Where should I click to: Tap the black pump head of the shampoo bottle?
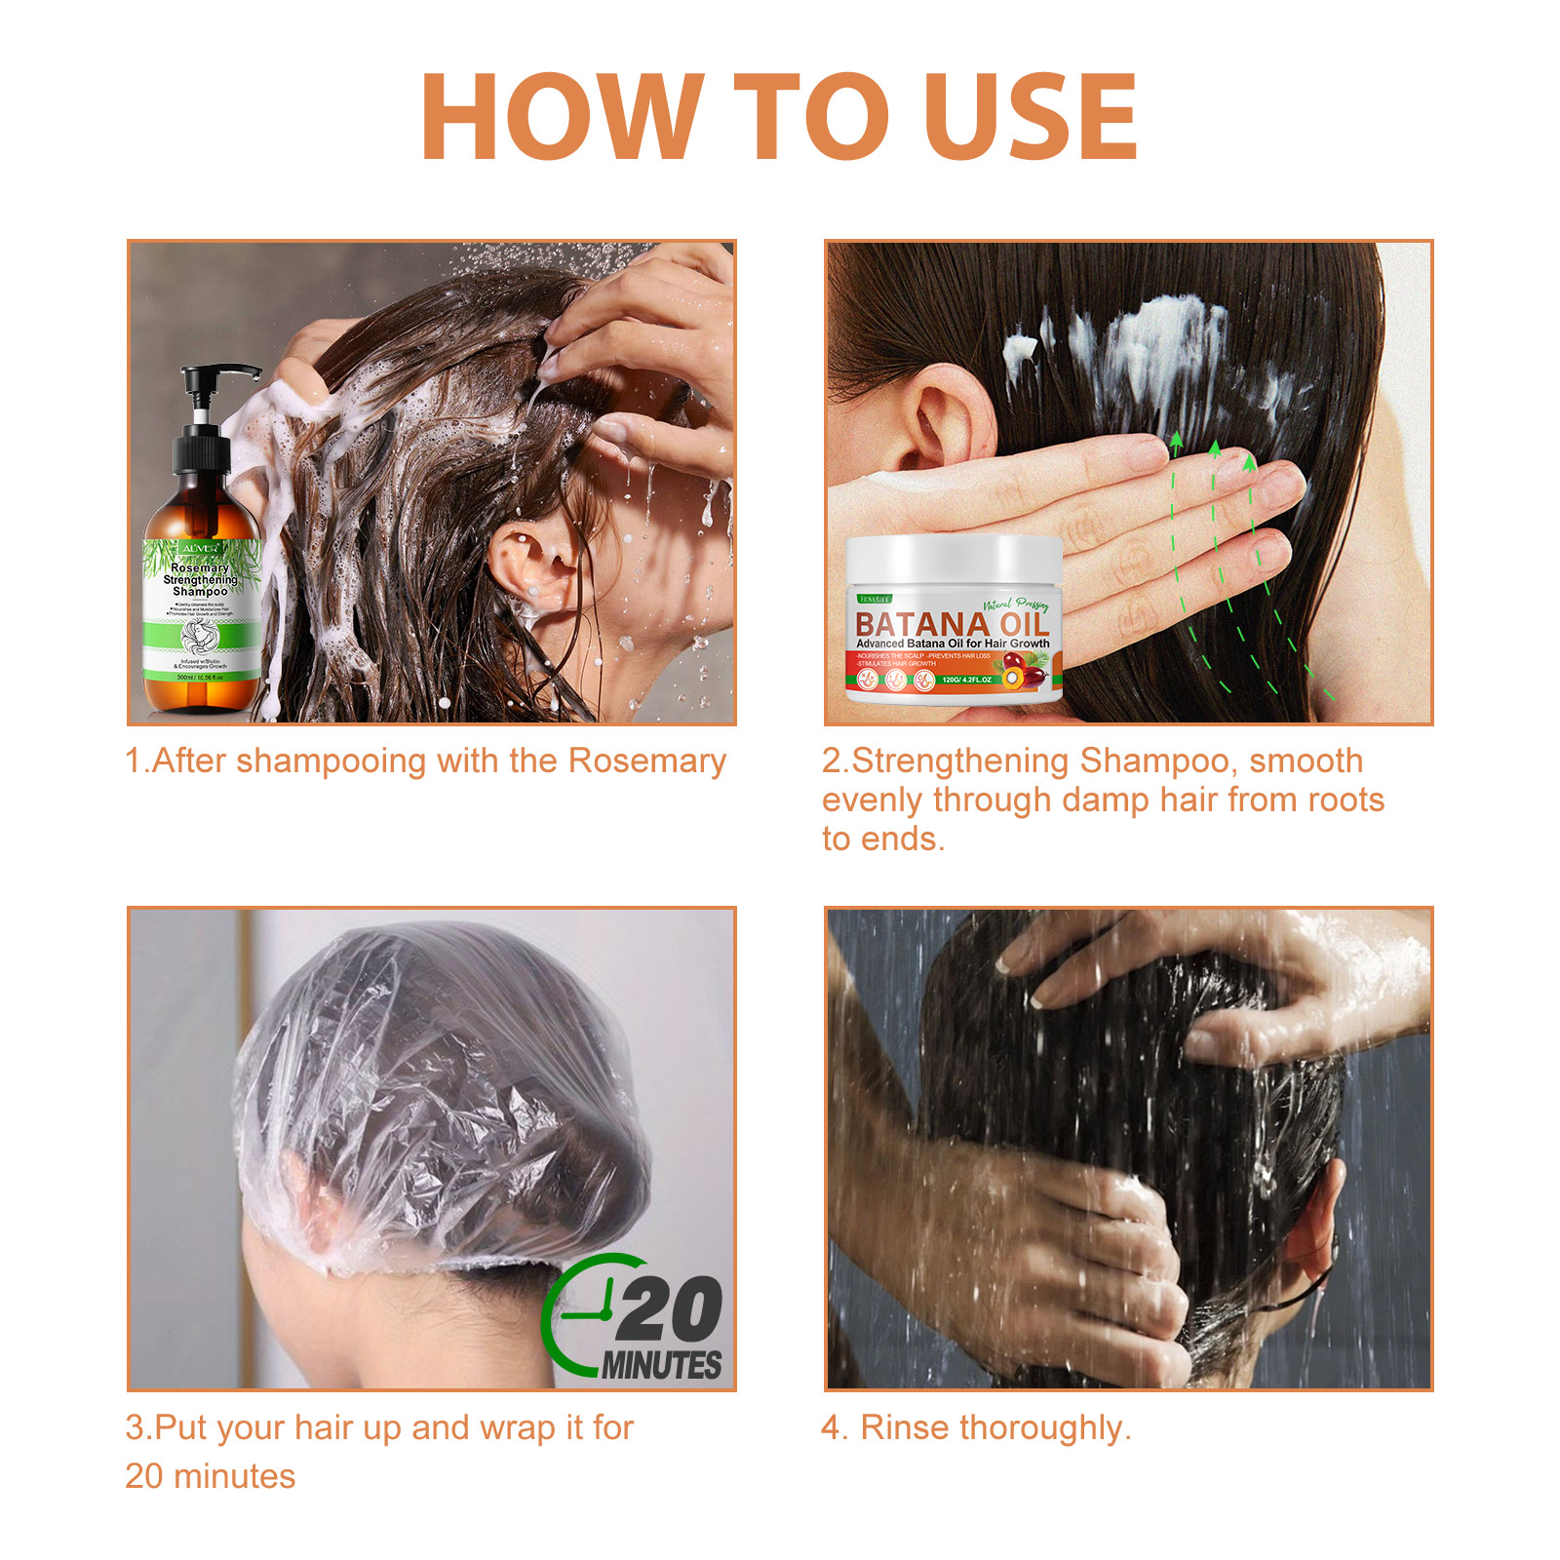coord(219,380)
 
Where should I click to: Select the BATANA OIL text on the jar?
coord(951,623)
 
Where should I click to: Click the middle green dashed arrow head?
coord(1214,449)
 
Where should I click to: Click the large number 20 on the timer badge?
coord(669,1309)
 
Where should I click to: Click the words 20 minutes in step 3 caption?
coord(210,1476)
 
